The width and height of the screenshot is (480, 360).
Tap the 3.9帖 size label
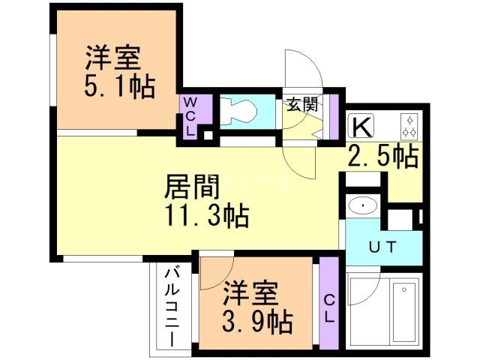256,322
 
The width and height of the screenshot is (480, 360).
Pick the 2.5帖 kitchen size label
382,157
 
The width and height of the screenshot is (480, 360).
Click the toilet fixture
241,111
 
